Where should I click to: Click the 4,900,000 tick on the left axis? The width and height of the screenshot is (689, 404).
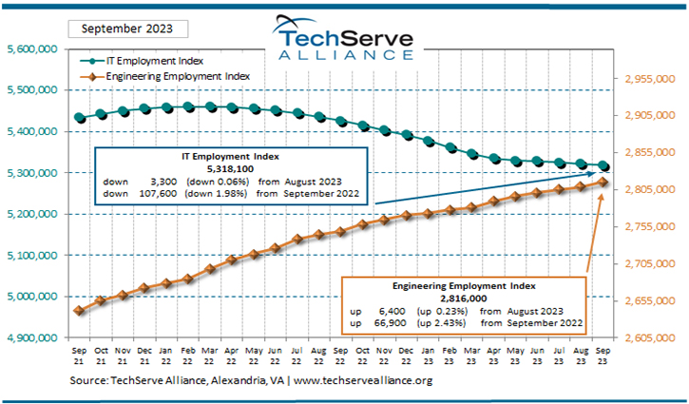[x=33, y=338]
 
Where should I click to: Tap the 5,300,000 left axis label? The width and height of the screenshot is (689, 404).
[x=33, y=173]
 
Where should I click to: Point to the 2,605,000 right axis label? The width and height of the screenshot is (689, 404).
[x=651, y=338]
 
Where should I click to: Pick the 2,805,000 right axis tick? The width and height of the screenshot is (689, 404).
[x=651, y=191]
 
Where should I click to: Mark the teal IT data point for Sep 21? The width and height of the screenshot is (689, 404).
[x=80, y=118]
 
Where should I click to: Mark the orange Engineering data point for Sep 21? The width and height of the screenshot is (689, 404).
[x=80, y=310]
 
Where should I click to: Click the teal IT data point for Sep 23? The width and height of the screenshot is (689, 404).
[x=603, y=166]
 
